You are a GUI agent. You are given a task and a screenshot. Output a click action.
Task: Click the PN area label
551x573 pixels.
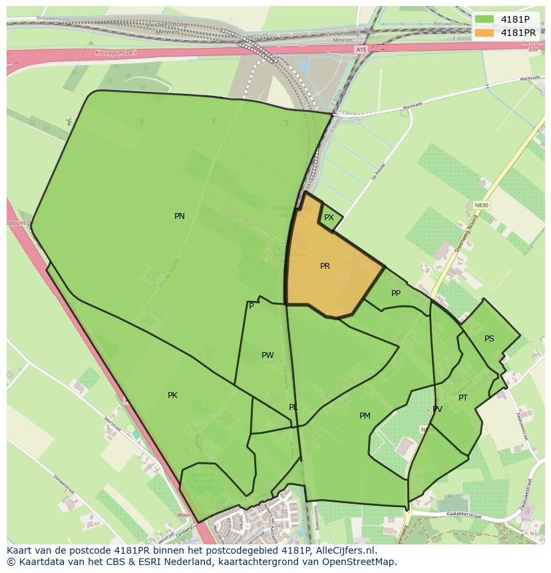coord(179,216)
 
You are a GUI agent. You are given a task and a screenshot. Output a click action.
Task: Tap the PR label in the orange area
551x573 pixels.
coord(325,266)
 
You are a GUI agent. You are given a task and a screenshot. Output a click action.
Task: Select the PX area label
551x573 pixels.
coord(329,218)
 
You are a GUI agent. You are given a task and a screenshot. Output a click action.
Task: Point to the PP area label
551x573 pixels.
coord(396,293)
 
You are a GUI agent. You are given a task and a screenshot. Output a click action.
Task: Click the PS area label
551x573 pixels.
coord(489,339)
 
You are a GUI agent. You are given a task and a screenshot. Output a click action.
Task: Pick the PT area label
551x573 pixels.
coord(463,398)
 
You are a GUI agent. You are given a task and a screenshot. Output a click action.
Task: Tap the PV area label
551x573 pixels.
coord(437,409)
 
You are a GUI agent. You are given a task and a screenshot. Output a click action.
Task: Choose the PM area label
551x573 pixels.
coord(365,416)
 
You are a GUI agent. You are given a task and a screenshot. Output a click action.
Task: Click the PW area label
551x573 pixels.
coord(268,355)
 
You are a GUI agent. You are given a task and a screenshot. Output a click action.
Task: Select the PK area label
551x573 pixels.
coord(172,395)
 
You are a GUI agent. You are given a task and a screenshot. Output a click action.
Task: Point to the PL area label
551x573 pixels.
coord(293,407)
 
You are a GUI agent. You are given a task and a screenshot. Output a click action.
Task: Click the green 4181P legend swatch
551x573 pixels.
coord(485,19)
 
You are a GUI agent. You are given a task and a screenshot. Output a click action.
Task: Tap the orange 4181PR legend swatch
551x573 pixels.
coord(485,33)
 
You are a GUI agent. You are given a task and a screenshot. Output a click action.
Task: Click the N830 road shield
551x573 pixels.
coord(481,205)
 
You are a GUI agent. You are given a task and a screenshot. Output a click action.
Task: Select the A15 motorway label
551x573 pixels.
coord(361,50)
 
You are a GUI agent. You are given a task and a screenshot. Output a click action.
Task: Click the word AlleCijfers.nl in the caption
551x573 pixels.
coord(344,551)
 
